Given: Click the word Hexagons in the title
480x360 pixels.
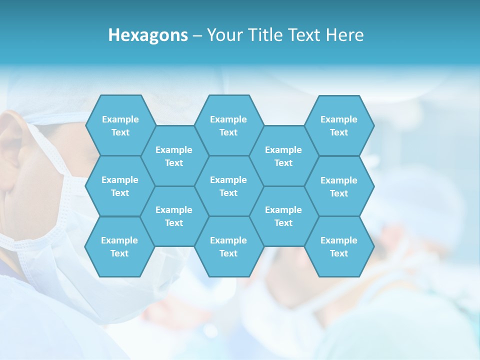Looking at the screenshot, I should pyautogui.click(x=148, y=35).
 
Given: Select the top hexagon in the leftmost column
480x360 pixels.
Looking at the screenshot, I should pyautogui.click(x=120, y=125).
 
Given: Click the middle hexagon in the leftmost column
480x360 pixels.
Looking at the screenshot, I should pyautogui.click(x=120, y=186).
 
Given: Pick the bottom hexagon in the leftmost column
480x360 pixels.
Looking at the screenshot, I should pyautogui.click(x=119, y=246).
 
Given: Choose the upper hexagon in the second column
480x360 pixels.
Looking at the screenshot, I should pyautogui.click(x=174, y=156).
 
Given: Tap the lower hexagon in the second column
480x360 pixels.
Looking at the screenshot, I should pyautogui.click(x=174, y=216).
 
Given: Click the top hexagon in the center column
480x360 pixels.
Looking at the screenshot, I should pyautogui.click(x=228, y=125).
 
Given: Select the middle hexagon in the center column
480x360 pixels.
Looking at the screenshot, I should pyautogui.click(x=228, y=186).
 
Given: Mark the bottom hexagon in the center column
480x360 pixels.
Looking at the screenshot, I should pyautogui.click(x=228, y=246).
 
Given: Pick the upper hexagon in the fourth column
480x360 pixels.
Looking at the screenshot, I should pyautogui.click(x=283, y=156).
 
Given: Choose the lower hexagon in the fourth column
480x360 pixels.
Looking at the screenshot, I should pyautogui.click(x=283, y=216).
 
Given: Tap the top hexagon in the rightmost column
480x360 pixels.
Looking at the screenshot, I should pyautogui.click(x=339, y=125).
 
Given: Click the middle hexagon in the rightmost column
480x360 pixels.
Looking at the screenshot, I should pyautogui.click(x=339, y=186).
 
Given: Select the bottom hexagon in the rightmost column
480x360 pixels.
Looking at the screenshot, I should pyautogui.click(x=339, y=246).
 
